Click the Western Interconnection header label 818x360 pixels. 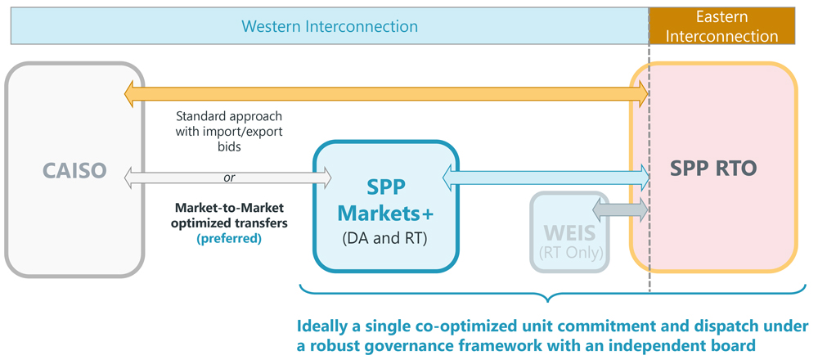[330, 26]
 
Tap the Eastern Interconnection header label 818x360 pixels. [733, 26]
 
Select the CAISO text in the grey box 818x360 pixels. [74, 171]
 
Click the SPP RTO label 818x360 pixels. [713, 168]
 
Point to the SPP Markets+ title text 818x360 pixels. [385, 200]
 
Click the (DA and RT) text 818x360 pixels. [385, 239]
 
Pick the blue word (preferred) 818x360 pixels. [229, 239]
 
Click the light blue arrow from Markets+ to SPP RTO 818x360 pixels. [545, 174]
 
